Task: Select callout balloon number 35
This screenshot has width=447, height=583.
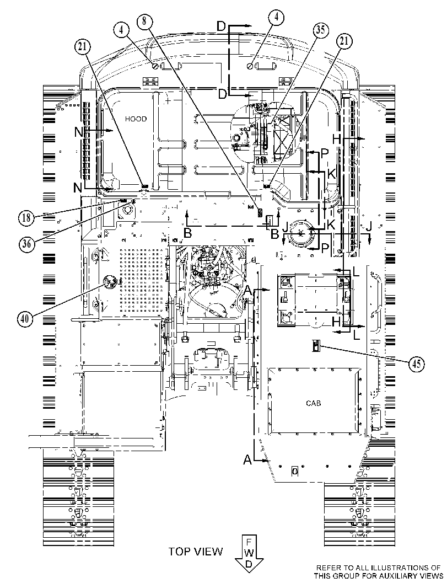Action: point(320,30)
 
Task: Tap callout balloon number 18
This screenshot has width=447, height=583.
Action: point(26,217)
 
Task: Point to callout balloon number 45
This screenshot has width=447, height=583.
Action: point(417,363)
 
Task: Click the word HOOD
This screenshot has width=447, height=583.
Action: point(136,119)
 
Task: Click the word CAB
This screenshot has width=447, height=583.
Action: point(313,403)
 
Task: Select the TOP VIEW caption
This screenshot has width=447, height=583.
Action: point(196,551)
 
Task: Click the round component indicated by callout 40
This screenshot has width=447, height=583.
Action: point(110,284)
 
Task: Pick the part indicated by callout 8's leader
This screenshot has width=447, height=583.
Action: point(260,213)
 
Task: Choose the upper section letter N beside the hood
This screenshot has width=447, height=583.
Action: point(79,132)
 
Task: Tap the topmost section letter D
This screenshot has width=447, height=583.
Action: point(222,26)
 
